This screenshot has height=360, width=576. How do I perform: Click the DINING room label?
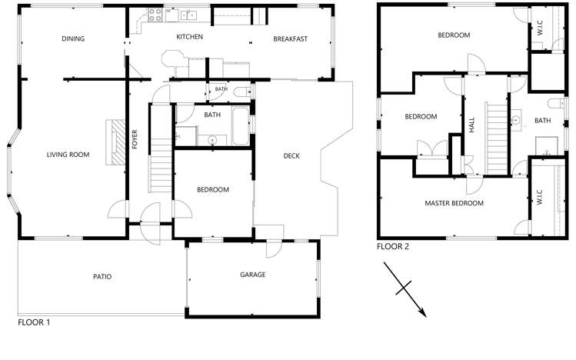73,38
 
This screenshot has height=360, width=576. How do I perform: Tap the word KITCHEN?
189,37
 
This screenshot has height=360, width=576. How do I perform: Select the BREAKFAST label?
290,38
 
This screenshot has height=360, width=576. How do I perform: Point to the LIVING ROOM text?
68,155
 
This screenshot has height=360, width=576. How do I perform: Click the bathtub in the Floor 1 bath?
240,126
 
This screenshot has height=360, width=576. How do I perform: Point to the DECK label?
291,156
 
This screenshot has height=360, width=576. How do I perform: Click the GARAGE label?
252,275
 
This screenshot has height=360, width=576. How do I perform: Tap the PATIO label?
102,277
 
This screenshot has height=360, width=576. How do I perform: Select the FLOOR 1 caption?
34,323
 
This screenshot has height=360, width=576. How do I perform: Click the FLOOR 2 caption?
392,247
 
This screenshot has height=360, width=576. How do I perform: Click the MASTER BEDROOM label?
454,204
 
